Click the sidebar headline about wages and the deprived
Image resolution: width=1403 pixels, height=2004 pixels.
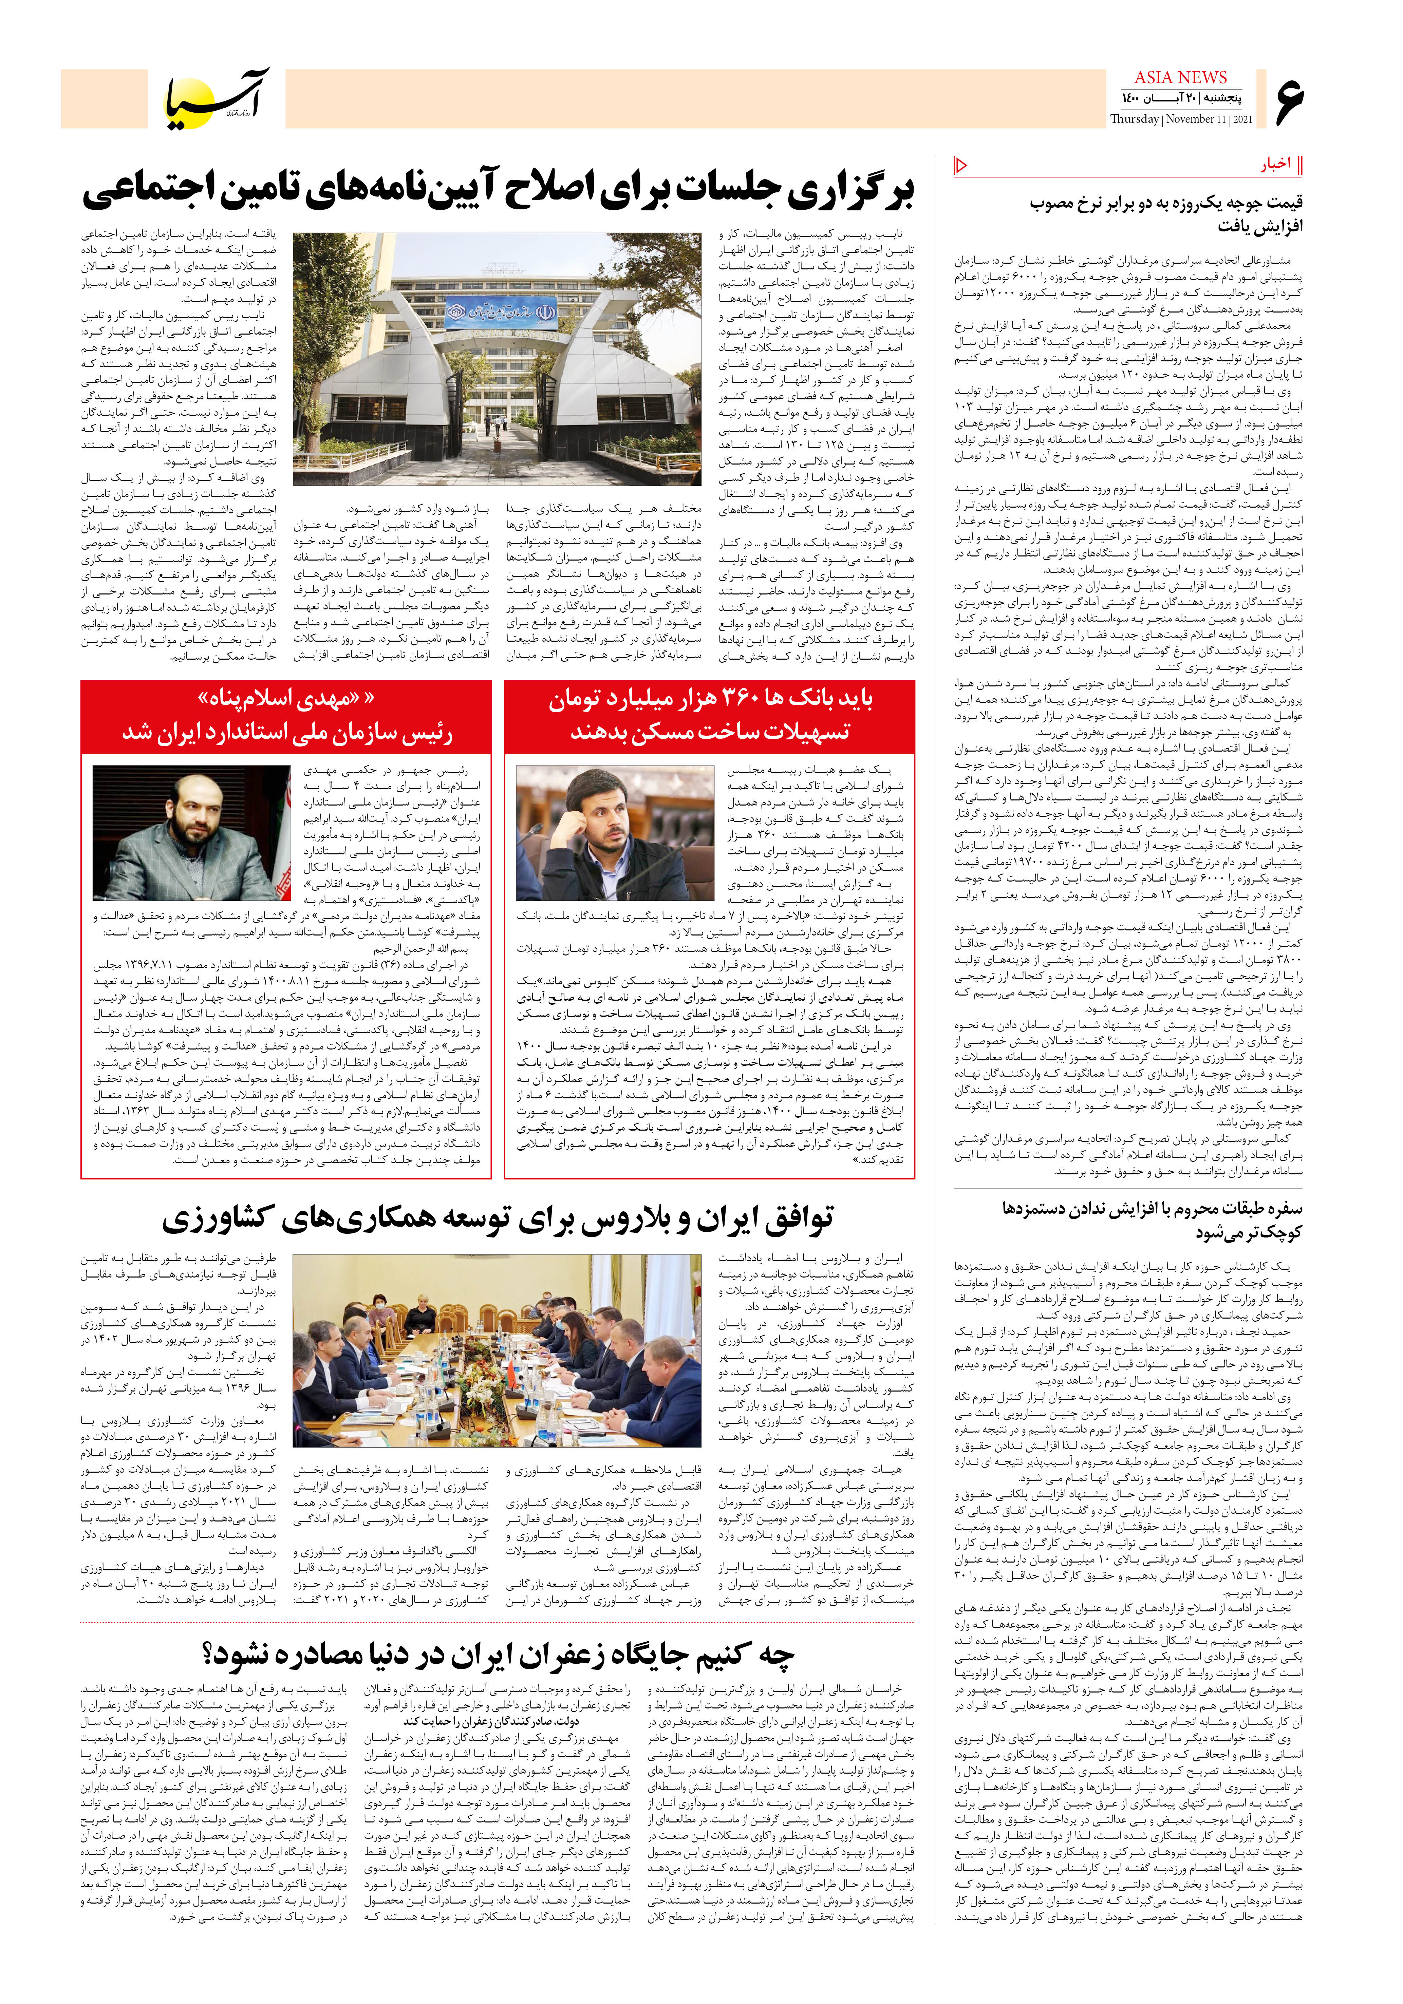1153,1220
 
